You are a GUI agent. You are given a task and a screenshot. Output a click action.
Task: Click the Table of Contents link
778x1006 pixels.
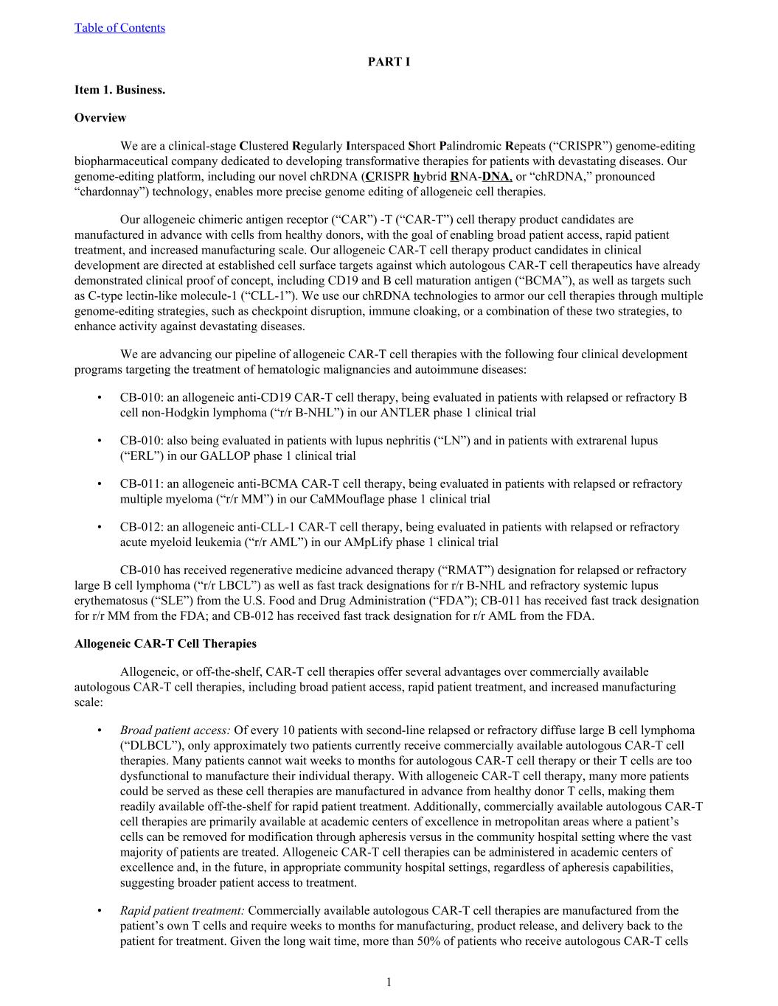click(x=119, y=28)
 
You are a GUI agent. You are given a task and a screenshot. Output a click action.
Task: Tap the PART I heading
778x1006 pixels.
click(x=389, y=62)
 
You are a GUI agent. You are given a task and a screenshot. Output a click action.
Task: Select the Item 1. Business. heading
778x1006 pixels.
click(x=119, y=90)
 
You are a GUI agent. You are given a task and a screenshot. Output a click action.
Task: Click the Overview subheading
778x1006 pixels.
click(x=100, y=118)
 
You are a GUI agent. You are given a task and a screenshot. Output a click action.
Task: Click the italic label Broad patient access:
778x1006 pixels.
click(x=175, y=730)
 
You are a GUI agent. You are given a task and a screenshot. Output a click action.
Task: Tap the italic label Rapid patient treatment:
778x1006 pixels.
click(x=182, y=911)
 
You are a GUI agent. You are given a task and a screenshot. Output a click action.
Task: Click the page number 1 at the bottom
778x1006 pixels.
click(x=389, y=982)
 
